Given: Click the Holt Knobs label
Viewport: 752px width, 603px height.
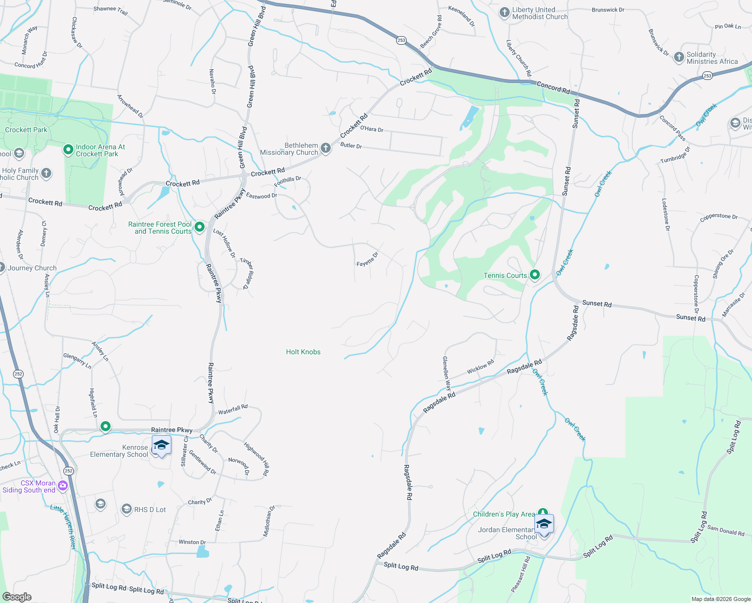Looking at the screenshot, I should click(303, 352).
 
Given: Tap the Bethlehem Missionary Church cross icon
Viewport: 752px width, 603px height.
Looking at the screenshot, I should click(326, 148).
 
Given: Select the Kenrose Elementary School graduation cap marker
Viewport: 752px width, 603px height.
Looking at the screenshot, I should click(161, 445).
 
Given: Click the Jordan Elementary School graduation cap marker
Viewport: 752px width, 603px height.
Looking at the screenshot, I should click(543, 524).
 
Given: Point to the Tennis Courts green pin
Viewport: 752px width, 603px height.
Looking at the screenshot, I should click(535, 275).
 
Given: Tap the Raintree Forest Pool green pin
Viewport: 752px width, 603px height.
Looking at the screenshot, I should click(200, 227).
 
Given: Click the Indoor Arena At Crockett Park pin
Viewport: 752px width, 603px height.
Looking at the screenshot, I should click(68, 150).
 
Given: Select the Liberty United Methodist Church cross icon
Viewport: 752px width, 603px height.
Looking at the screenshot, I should click(505, 13).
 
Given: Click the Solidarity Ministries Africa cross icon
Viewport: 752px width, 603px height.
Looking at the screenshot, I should click(679, 57).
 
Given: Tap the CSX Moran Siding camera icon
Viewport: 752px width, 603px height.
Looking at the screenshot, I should click(63, 485).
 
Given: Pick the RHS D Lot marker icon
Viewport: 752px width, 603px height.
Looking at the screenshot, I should click(127, 509).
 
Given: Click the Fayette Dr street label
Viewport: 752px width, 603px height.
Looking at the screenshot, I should click(367, 259).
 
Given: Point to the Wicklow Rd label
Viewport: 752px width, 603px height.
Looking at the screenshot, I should click(480, 367).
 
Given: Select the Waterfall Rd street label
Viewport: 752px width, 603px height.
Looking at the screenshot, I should click(233, 410).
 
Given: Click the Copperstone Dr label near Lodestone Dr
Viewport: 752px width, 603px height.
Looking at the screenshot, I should click(719, 218).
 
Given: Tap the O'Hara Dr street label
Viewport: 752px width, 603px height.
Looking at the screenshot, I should click(371, 129).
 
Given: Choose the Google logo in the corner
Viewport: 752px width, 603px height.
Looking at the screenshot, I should click(17, 597).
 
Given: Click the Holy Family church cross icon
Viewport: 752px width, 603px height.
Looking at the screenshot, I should click(46, 173).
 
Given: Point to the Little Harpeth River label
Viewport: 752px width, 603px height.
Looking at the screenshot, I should click(63, 527).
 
